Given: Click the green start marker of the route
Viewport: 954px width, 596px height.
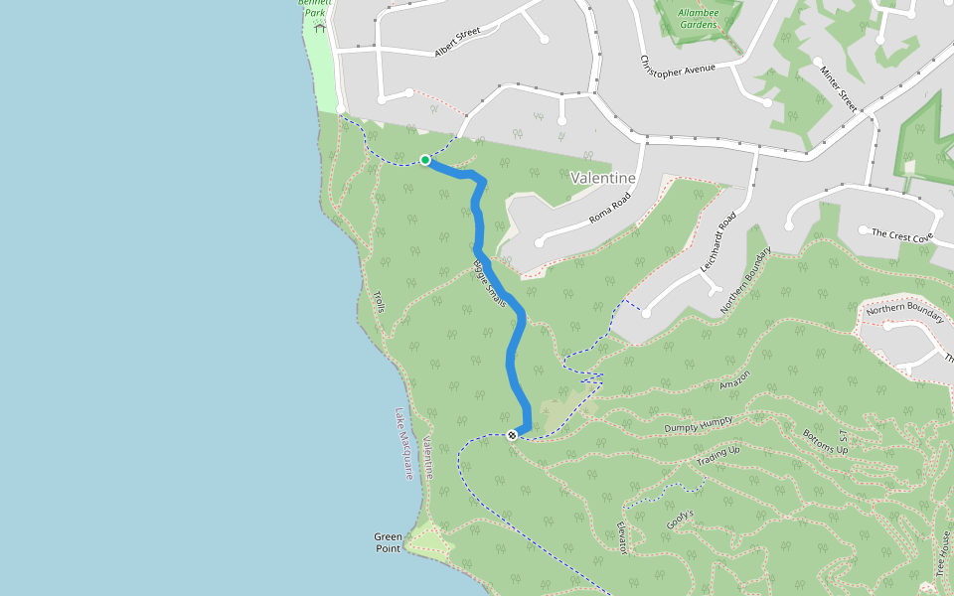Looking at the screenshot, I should coord(425,160).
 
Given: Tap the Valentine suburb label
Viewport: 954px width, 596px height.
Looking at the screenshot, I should coord(603,178).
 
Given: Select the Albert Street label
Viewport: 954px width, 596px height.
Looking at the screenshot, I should coord(457,41).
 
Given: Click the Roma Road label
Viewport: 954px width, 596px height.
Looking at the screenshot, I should coord(608,212).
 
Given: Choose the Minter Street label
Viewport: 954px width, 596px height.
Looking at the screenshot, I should coord(835,86).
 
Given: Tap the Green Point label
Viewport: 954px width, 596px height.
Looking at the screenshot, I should coord(389,542).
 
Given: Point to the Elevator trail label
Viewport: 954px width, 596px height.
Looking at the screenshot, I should coord(622,537).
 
